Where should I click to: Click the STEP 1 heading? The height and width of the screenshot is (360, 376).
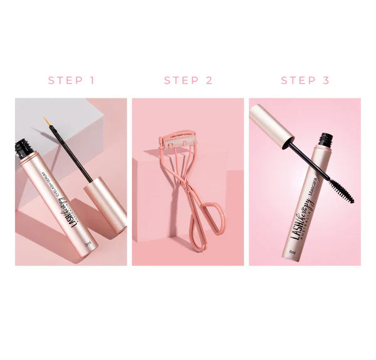71,80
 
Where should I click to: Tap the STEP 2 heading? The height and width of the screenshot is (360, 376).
188,80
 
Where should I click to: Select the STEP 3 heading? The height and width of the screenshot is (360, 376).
305,80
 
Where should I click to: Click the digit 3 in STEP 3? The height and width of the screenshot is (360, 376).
326,80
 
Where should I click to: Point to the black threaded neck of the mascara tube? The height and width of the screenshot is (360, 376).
326,138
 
